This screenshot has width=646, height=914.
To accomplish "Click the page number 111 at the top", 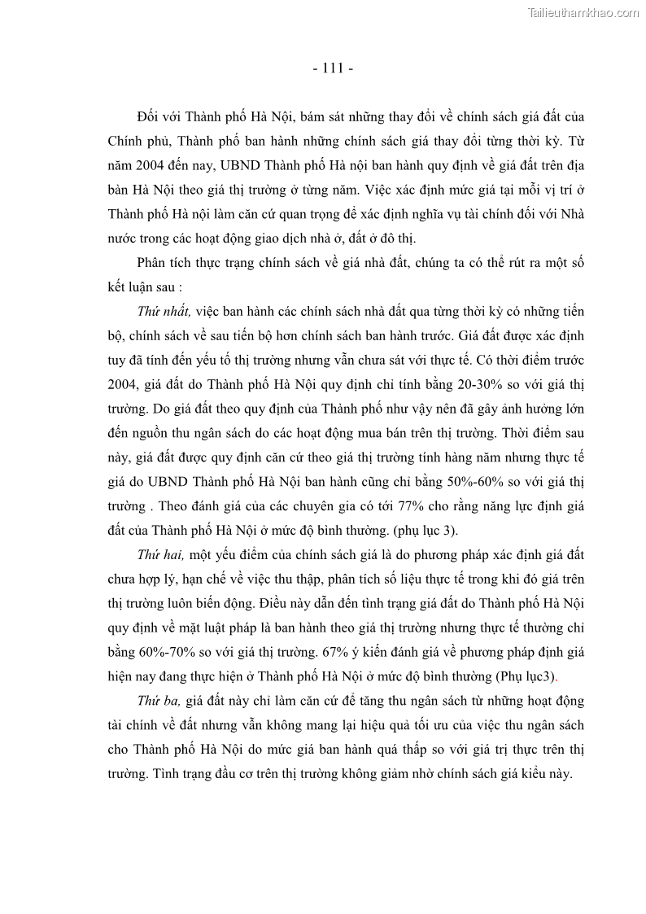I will click(333, 68).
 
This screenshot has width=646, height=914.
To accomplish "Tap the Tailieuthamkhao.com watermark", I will click(584, 12).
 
